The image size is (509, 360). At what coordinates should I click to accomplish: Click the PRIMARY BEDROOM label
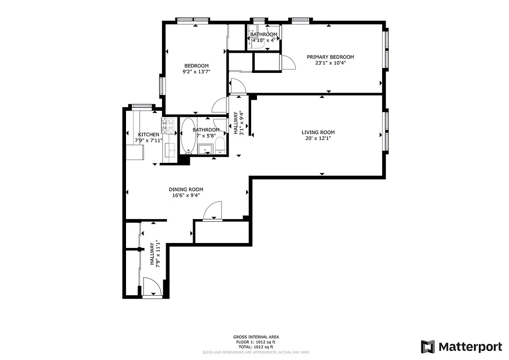(x=330, y=57)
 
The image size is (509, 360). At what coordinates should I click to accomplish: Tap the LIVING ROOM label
(x=318, y=132)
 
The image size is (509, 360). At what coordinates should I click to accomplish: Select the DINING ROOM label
(x=186, y=189)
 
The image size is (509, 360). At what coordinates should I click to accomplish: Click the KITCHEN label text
(x=148, y=135)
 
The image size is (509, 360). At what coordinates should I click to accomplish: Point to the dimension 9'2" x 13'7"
(x=196, y=72)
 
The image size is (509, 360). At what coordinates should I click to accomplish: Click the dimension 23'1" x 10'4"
(x=330, y=63)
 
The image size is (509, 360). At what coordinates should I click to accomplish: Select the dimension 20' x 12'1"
(x=318, y=138)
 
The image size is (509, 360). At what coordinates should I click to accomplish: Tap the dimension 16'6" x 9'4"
(x=186, y=195)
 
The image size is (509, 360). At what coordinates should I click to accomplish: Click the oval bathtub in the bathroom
(x=188, y=135)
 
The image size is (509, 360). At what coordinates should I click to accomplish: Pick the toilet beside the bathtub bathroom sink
(x=220, y=145)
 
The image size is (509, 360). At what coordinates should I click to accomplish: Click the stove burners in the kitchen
(x=169, y=126)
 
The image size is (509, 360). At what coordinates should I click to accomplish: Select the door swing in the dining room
(x=213, y=211)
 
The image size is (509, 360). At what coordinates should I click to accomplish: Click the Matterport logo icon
(x=428, y=346)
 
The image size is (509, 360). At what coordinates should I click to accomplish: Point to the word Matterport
(x=470, y=346)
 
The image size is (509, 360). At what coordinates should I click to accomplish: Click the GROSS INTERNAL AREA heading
(x=256, y=337)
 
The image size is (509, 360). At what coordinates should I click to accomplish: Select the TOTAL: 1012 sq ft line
(x=256, y=347)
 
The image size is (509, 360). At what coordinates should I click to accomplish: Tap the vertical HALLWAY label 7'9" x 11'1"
(x=155, y=254)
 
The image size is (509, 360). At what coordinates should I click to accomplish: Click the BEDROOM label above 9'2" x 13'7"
(x=196, y=66)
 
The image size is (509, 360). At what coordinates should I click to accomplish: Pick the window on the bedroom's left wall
(x=162, y=85)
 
